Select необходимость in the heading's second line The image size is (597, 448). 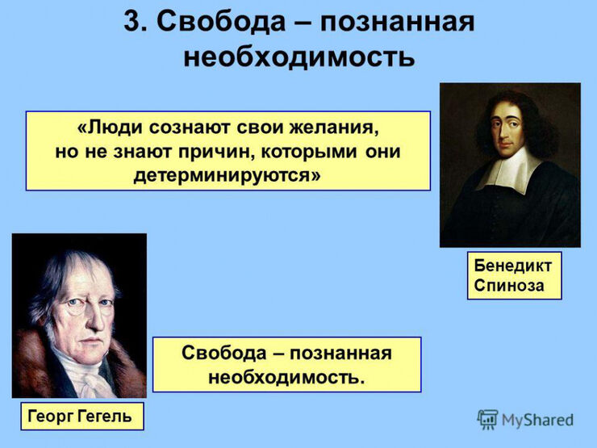(x=298, y=57)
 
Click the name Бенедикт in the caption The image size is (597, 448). (x=513, y=266)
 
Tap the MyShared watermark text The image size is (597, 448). (x=537, y=420)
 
